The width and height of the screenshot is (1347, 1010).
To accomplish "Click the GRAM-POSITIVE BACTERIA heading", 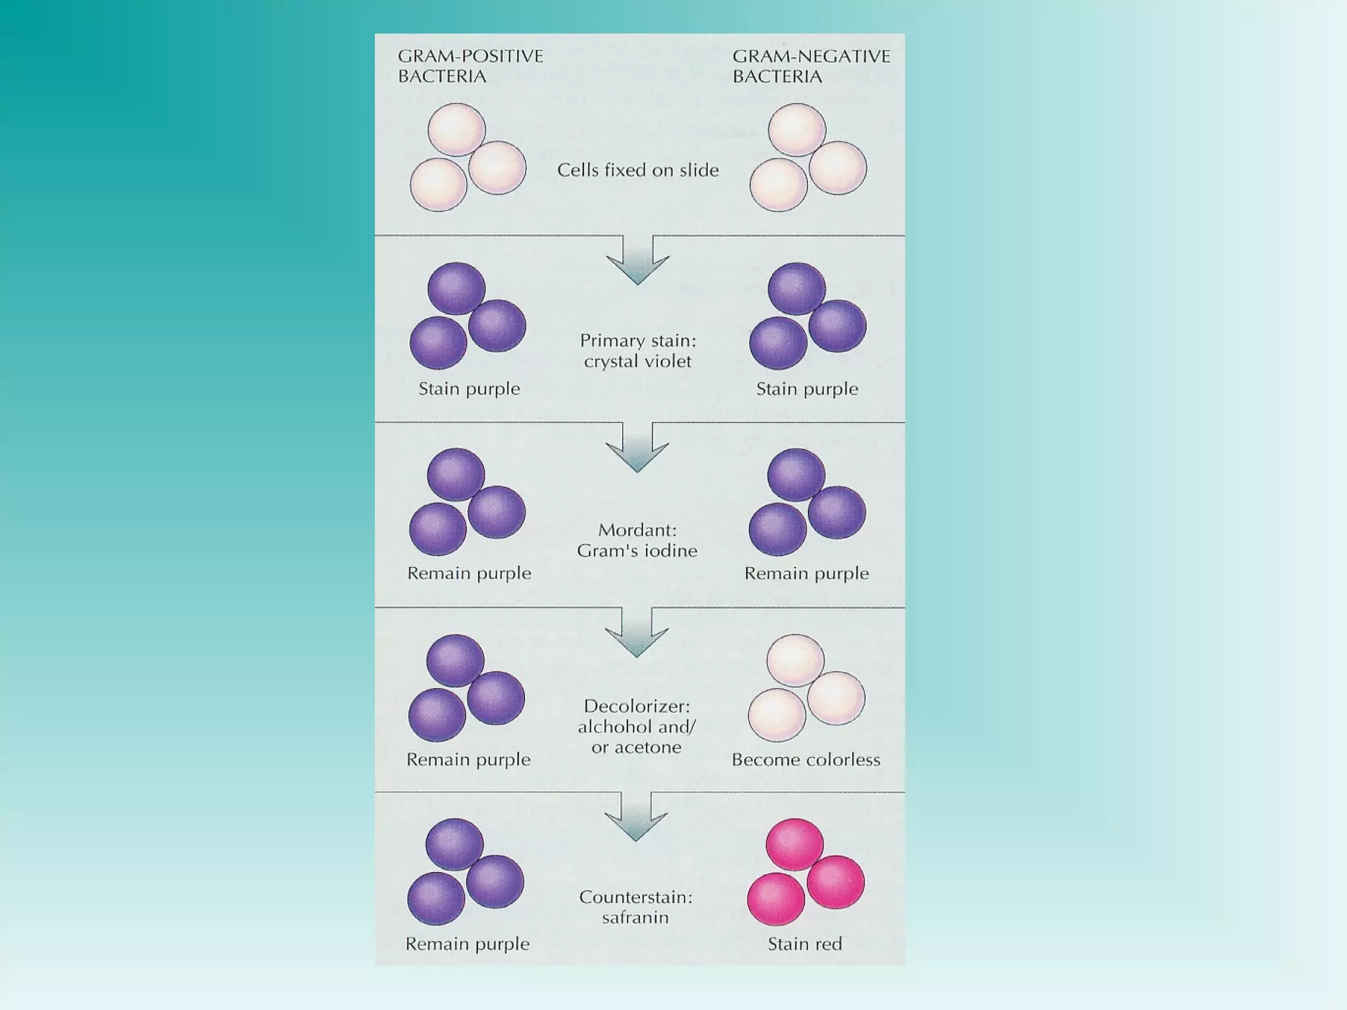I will (470, 66).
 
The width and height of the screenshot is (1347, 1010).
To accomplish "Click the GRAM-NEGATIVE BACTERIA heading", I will (811, 66).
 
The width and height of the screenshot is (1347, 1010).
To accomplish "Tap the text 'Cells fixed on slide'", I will (637, 170).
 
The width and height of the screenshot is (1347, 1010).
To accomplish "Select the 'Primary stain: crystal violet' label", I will (637, 350).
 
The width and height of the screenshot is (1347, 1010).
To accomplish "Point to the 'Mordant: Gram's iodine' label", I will (637, 540).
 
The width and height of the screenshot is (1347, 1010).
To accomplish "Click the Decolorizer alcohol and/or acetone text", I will (636, 726).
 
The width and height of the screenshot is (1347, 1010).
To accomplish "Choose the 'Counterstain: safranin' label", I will (635, 907).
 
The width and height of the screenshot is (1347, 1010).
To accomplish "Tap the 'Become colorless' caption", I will (806, 759).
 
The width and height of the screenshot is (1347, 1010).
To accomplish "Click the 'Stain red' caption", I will (804, 944).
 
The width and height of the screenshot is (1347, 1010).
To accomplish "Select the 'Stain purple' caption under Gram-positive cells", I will (469, 389).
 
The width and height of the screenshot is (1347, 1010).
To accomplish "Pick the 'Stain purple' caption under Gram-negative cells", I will (807, 389).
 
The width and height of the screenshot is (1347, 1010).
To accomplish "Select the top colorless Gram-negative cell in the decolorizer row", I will (795, 660).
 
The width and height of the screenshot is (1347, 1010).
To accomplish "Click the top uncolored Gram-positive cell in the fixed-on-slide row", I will (456, 130).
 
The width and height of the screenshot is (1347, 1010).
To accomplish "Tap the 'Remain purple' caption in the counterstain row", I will (467, 944).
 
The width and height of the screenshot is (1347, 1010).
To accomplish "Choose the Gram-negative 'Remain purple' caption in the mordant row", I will (806, 573).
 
